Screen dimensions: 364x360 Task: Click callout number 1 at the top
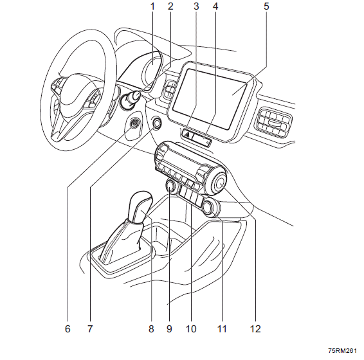click(152, 6)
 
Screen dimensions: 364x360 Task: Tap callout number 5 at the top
click(266, 6)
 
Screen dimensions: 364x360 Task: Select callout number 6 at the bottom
click(68, 328)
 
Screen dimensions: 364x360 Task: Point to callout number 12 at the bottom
click(255, 328)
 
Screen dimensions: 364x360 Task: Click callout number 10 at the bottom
click(191, 328)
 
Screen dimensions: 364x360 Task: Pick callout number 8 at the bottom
click(151, 328)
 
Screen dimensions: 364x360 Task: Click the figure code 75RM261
click(342, 350)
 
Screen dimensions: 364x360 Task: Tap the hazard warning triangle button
click(187, 134)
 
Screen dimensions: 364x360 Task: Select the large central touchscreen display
click(210, 98)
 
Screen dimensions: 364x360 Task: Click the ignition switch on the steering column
click(129, 100)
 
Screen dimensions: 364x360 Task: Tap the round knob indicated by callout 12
click(218, 182)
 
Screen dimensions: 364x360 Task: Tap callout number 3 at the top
click(196, 6)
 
